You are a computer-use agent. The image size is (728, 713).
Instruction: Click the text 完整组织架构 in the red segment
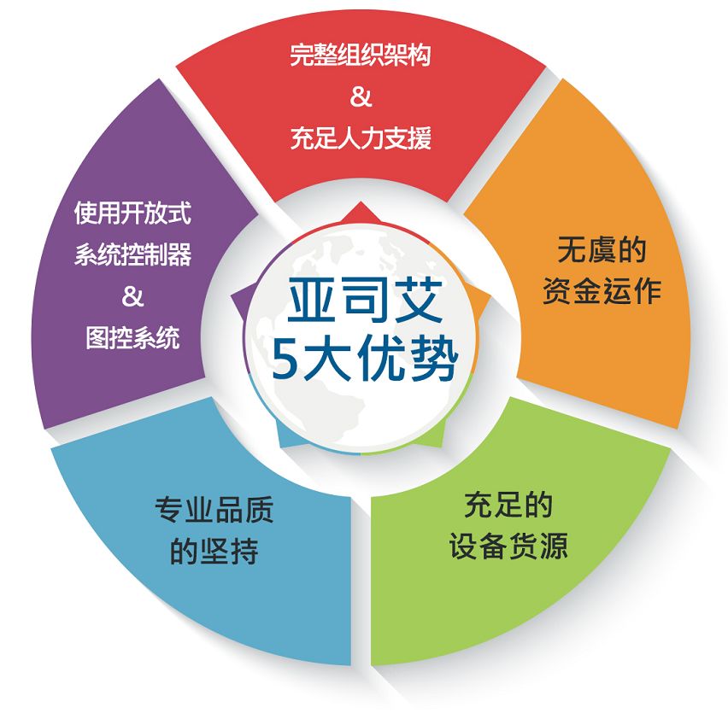(361, 57)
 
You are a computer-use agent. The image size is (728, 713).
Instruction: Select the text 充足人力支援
(361, 137)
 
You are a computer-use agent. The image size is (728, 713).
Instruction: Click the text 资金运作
(602, 292)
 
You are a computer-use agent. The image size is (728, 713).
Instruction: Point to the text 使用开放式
(132, 213)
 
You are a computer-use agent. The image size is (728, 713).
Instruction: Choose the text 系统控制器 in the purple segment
(132, 254)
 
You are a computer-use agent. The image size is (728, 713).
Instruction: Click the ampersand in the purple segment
(132, 296)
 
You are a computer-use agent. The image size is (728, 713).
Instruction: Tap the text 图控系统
(132, 337)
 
